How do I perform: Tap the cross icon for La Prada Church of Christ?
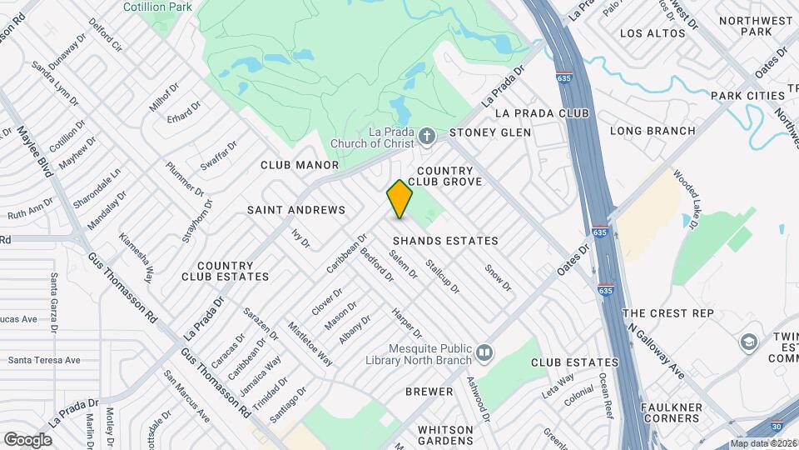(426, 135)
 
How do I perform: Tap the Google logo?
(27, 439)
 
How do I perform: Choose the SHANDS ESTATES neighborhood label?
(445, 241)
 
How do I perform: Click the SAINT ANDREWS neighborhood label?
(295, 210)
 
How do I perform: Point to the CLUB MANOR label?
(300, 165)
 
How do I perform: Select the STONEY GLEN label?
(490, 132)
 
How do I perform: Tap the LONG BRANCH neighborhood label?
(653, 131)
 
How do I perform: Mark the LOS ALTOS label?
(653, 33)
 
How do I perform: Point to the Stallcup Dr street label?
(443, 277)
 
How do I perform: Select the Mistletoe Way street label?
(310, 343)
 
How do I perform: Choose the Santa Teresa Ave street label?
(44, 360)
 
